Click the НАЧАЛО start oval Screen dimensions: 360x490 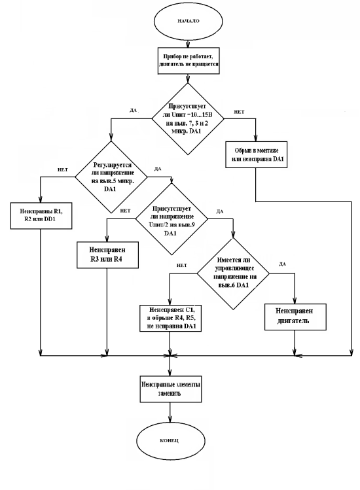[x=189, y=21]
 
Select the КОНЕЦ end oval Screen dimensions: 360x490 [x=170, y=440]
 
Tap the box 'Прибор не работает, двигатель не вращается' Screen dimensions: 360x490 [x=189, y=61]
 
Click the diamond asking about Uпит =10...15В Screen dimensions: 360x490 [x=188, y=119]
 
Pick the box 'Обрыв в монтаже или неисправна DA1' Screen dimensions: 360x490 [x=256, y=154]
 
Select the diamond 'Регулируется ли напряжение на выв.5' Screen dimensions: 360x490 [x=111, y=177]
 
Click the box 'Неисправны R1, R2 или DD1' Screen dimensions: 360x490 [x=41, y=216]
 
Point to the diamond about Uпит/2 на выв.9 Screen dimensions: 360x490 [x=171, y=219]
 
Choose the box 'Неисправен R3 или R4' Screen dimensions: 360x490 [x=107, y=254]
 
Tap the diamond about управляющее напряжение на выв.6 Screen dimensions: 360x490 [x=233, y=273]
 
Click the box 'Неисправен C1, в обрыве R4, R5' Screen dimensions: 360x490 [x=170, y=318]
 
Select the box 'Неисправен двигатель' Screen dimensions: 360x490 [x=295, y=317]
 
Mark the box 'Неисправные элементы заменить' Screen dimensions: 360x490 [x=170, y=389]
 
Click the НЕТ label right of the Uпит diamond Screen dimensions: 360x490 [x=240, y=112]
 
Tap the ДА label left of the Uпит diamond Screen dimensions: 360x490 [x=134, y=111]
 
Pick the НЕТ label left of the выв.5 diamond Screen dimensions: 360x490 [x=63, y=169]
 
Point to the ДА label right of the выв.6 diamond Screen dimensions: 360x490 [x=282, y=264]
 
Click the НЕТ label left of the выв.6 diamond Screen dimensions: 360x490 [x=182, y=266]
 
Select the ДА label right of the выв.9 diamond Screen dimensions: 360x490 [x=220, y=211]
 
